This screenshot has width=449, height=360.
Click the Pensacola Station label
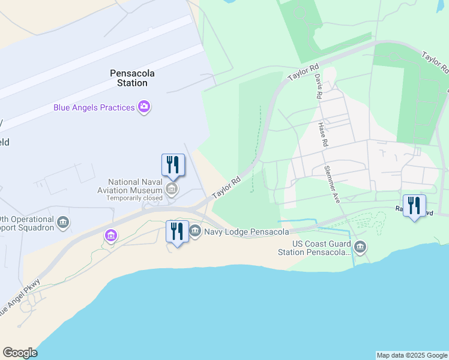[x=132, y=78]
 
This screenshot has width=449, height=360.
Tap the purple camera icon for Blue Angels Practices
[x=144, y=107]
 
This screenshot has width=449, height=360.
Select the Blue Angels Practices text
[x=94, y=107]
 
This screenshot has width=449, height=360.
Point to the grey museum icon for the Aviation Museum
[x=172, y=191]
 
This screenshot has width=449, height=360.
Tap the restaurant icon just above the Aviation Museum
[x=173, y=165]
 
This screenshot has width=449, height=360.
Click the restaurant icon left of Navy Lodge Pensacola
[x=177, y=231]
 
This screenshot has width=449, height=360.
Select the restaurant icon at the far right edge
[x=414, y=206]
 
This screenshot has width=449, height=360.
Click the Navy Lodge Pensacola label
[x=247, y=232]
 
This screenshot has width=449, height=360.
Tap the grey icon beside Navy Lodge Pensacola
[x=195, y=231]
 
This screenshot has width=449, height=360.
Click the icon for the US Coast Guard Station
[x=360, y=246]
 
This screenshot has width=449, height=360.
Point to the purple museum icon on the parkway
[x=110, y=236]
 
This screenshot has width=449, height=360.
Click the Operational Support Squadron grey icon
[x=63, y=224]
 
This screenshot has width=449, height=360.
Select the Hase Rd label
[x=323, y=135]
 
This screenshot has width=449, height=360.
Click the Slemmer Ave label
[x=332, y=184]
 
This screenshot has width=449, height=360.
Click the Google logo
[x=20, y=353]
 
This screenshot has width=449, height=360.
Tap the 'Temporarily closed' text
[x=135, y=198]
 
